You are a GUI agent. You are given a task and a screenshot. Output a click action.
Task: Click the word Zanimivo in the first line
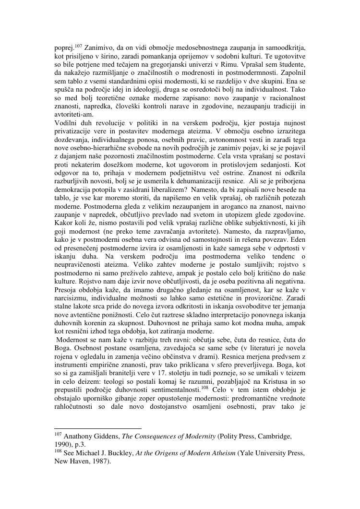pos(98,48)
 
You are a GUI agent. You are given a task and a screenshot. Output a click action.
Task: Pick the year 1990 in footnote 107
pos(62,444)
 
